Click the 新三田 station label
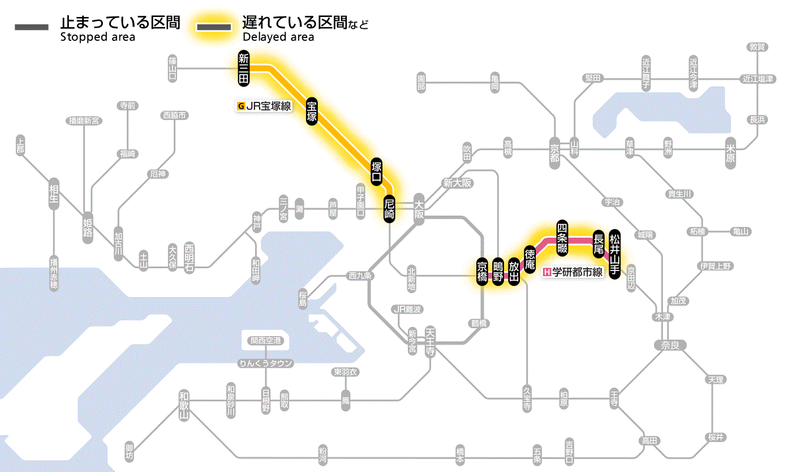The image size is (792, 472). (x=243, y=68)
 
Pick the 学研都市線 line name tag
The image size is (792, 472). (x=574, y=272)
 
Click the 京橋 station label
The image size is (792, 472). (x=482, y=272)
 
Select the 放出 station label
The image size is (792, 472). (x=514, y=272)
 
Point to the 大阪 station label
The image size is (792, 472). (x=419, y=209)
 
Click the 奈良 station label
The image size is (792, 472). (x=669, y=345)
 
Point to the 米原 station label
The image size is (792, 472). (x=732, y=155)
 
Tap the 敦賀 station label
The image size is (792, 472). (x=756, y=47)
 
